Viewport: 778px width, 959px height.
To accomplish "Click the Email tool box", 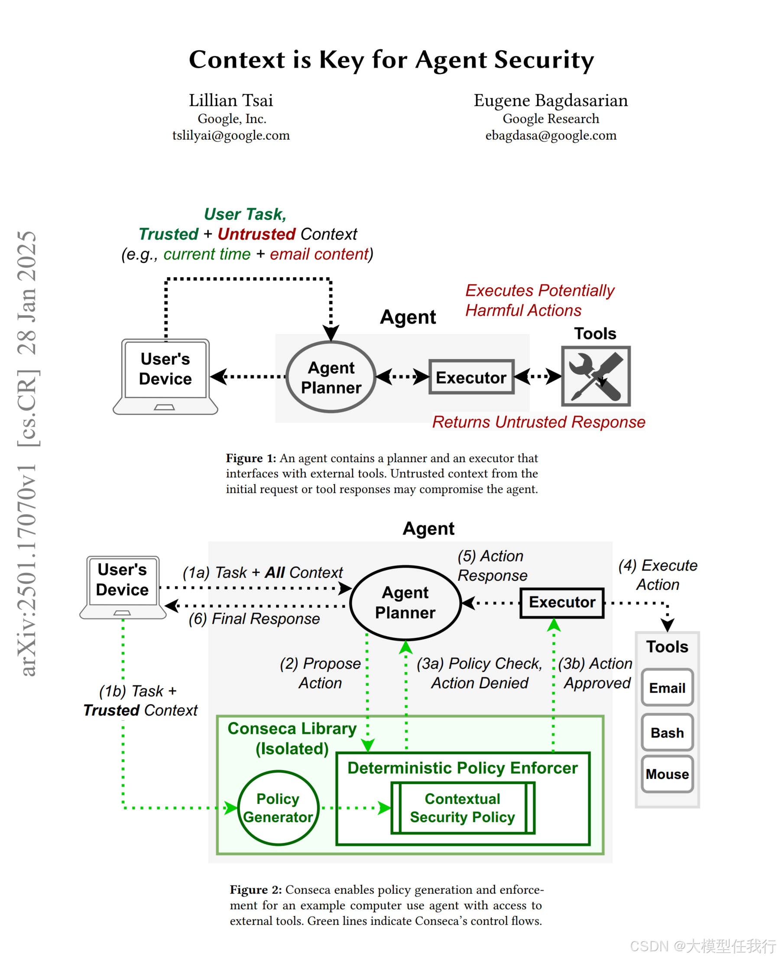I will pyautogui.click(x=667, y=687).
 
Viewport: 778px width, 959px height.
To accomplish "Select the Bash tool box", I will pyautogui.click(x=667, y=732).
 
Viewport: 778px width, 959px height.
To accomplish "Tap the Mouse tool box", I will pyautogui.click(x=667, y=774).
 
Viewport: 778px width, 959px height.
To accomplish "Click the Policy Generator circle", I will pyautogui.click(x=278, y=807).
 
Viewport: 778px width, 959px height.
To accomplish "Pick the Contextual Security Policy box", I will pyautogui.click(x=463, y=807).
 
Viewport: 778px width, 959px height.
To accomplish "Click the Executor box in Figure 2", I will pyautogui.click(x=561, y=602).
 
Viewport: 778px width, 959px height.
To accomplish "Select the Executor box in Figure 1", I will pyautogui.click(x=471, y=377).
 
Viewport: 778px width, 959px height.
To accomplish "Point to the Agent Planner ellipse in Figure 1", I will pyautogui.click(x=331, y=377).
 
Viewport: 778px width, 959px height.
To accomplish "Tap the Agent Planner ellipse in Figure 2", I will pyautogui.click(x=405, y=602).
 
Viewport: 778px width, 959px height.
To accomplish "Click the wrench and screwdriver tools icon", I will pyautogui.click(x=596, y=376).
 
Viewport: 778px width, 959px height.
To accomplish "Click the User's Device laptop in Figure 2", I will pyautogui.click(x=122, y=586).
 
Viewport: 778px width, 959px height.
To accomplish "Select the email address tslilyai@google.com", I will pyautogui.click(x=231, y=135).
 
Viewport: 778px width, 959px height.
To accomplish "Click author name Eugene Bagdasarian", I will pyautogui.click(x=550, y=100).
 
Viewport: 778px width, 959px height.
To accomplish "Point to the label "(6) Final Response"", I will pyautogui.click(x=254, y=619).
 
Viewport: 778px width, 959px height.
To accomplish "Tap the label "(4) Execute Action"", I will pyautogui.click(x=658, y=575).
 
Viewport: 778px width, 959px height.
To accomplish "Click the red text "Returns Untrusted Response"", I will pyautogui.click(x=538, y=422).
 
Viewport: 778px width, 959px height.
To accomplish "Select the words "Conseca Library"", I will pyautogui.click(x=292, y=728).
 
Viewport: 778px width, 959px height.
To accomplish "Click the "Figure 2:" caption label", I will pyautogui.click(x=256, y=890).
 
